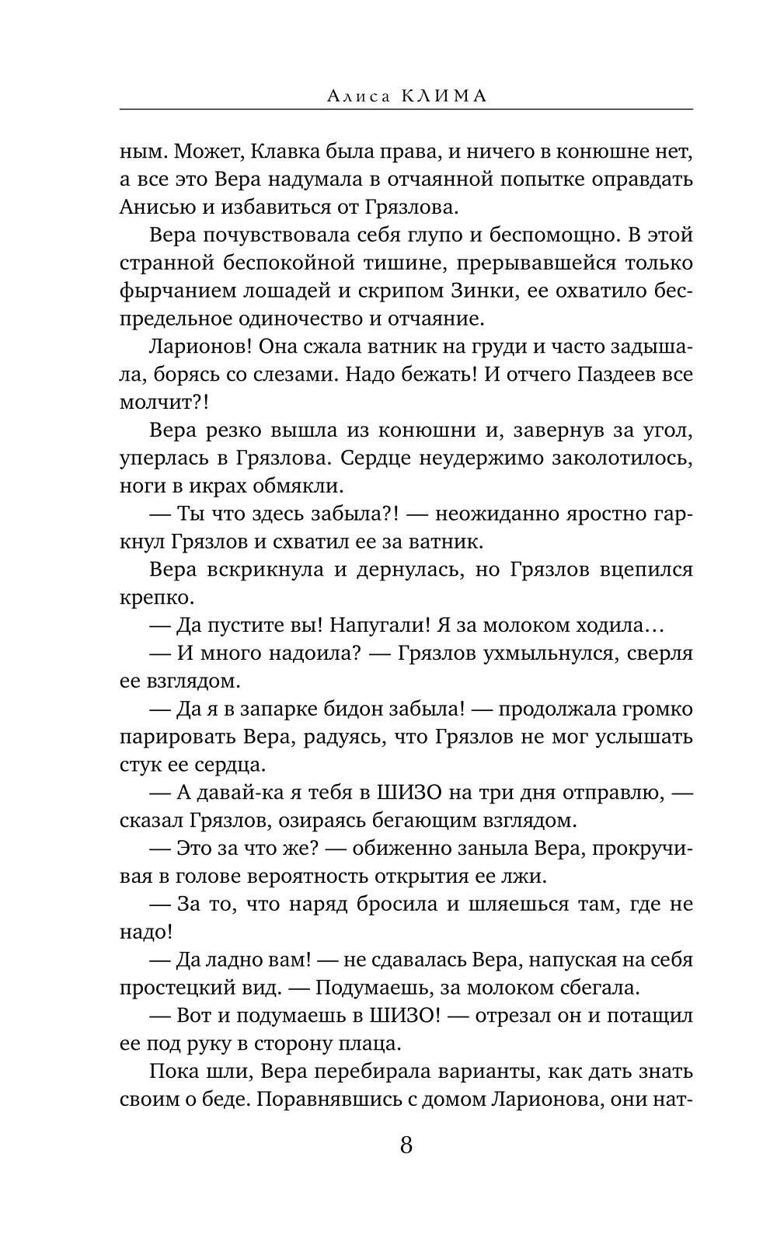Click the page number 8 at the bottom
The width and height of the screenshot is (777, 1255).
[406, 1145]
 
